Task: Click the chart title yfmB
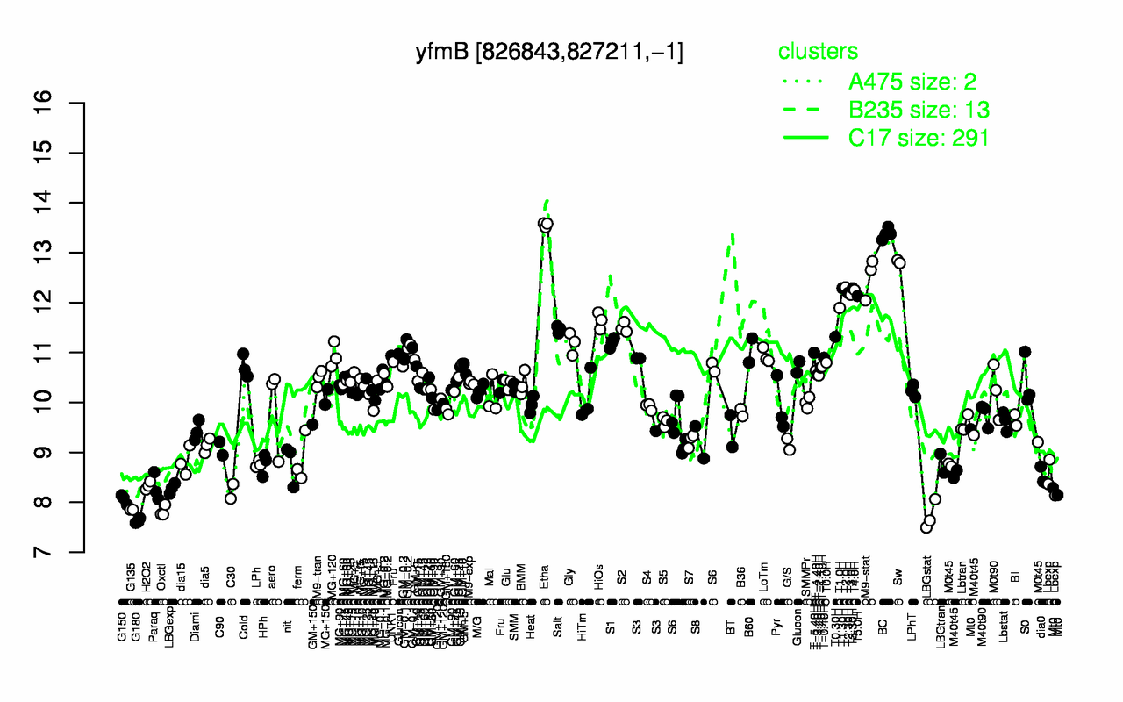click(549, 54)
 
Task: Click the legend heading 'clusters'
click(818, 52)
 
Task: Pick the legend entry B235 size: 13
click(919, 110)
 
